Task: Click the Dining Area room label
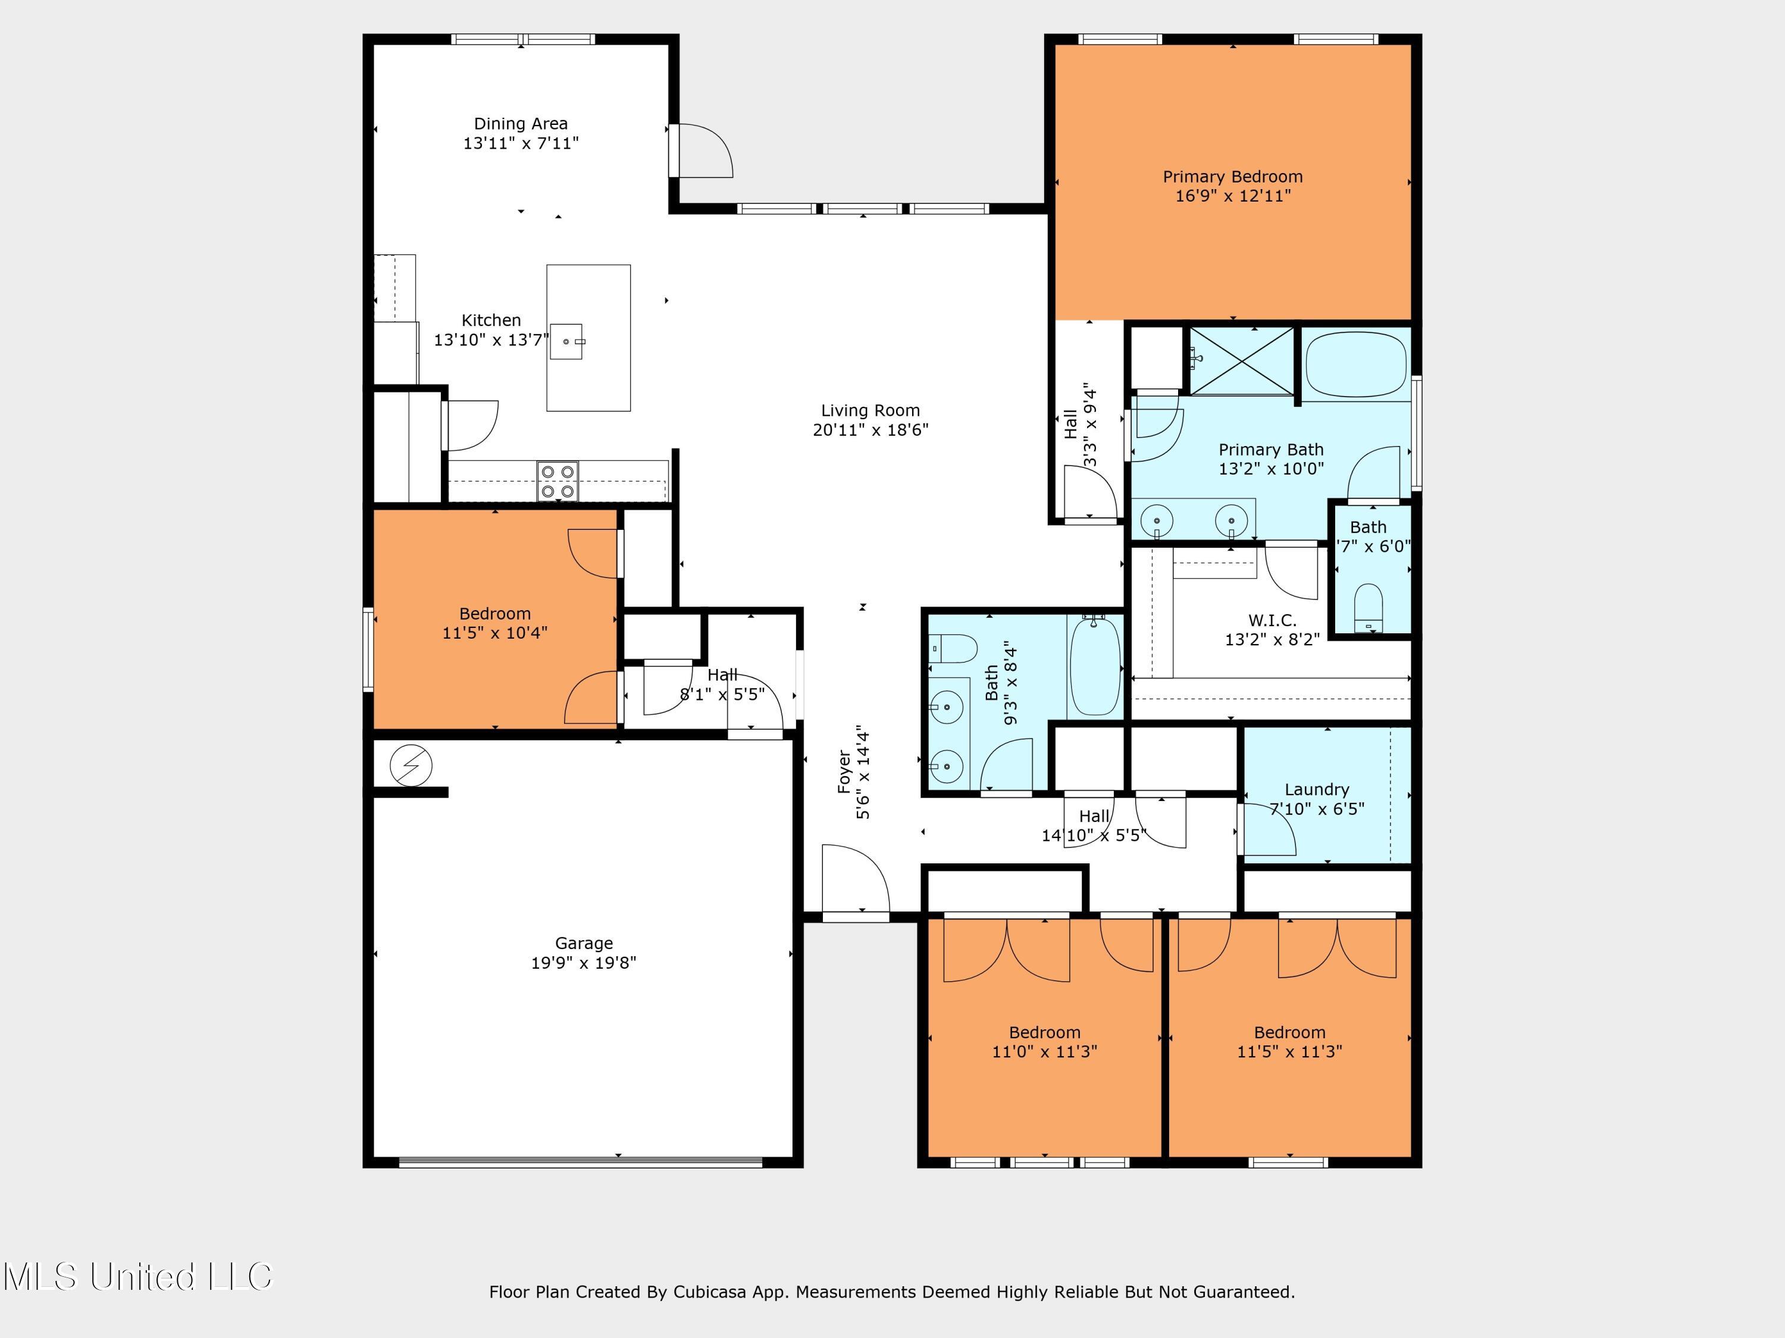521,124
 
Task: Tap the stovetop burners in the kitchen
558,480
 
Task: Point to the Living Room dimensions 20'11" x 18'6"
870,430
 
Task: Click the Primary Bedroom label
1232,177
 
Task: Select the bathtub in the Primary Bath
1355,365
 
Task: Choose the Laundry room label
1316,790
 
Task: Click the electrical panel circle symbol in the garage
411,765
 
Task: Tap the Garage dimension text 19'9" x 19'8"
584,962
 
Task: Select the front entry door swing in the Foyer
856,879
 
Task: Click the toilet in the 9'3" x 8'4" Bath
954,648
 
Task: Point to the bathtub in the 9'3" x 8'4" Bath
1094,666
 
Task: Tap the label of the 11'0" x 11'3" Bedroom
1044,1032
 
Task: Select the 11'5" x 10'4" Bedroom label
494,614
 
